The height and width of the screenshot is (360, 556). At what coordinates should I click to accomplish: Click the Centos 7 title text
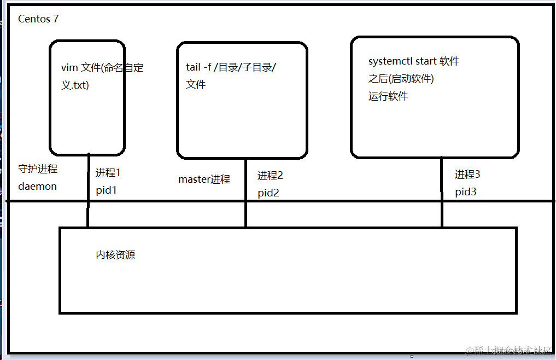(x=38, y=19)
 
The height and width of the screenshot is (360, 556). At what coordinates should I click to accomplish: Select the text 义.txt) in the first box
(x=75, y=85)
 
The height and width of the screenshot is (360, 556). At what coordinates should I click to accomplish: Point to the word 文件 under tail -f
(x=196, y=85)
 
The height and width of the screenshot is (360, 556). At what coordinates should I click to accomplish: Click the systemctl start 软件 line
(x=414, y=61)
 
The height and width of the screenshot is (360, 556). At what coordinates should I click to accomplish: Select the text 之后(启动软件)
(x=401, y=79)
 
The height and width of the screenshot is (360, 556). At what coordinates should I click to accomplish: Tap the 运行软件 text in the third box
(x=388, y=97)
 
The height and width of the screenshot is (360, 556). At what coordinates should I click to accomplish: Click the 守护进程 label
(x=38, y=169)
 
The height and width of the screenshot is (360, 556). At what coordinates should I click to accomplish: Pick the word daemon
(x=37, y=187)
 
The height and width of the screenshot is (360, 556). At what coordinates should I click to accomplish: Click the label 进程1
(x=108, y=173)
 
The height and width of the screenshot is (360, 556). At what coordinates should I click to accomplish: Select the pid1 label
(x=107, y=190)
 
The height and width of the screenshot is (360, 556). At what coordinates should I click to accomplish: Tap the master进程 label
(x=204, y=179)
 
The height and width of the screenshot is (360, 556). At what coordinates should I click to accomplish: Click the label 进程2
(x=270, y=176)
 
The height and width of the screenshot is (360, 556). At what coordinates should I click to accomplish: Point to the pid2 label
(x=268, y=193)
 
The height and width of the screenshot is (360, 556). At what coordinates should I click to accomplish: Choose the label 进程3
(x=467, y=175)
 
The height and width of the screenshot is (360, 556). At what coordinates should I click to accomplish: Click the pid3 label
(x=466, y=192)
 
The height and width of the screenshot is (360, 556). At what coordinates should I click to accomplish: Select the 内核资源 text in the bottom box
(x=115, y=255)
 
